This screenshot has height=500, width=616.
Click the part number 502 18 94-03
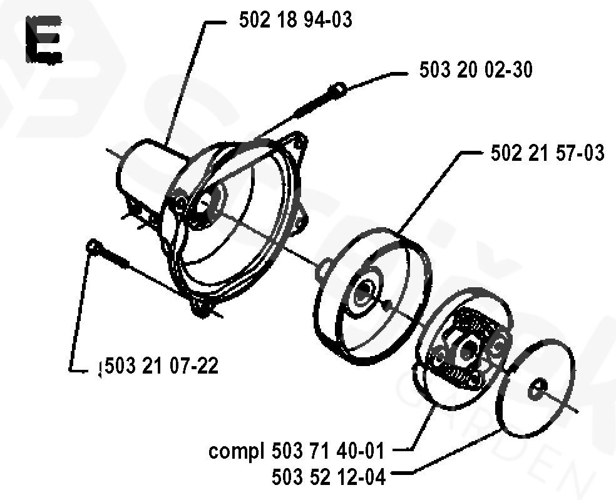tap(295, 20)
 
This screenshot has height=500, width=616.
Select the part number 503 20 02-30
tap(476, 70)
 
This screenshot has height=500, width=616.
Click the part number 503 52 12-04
tap(329, 477)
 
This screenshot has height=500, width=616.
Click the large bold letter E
tap(44, 42)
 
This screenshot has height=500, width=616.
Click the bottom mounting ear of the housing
tap(201, 307)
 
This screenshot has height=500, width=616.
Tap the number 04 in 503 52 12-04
tap(374, 477)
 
